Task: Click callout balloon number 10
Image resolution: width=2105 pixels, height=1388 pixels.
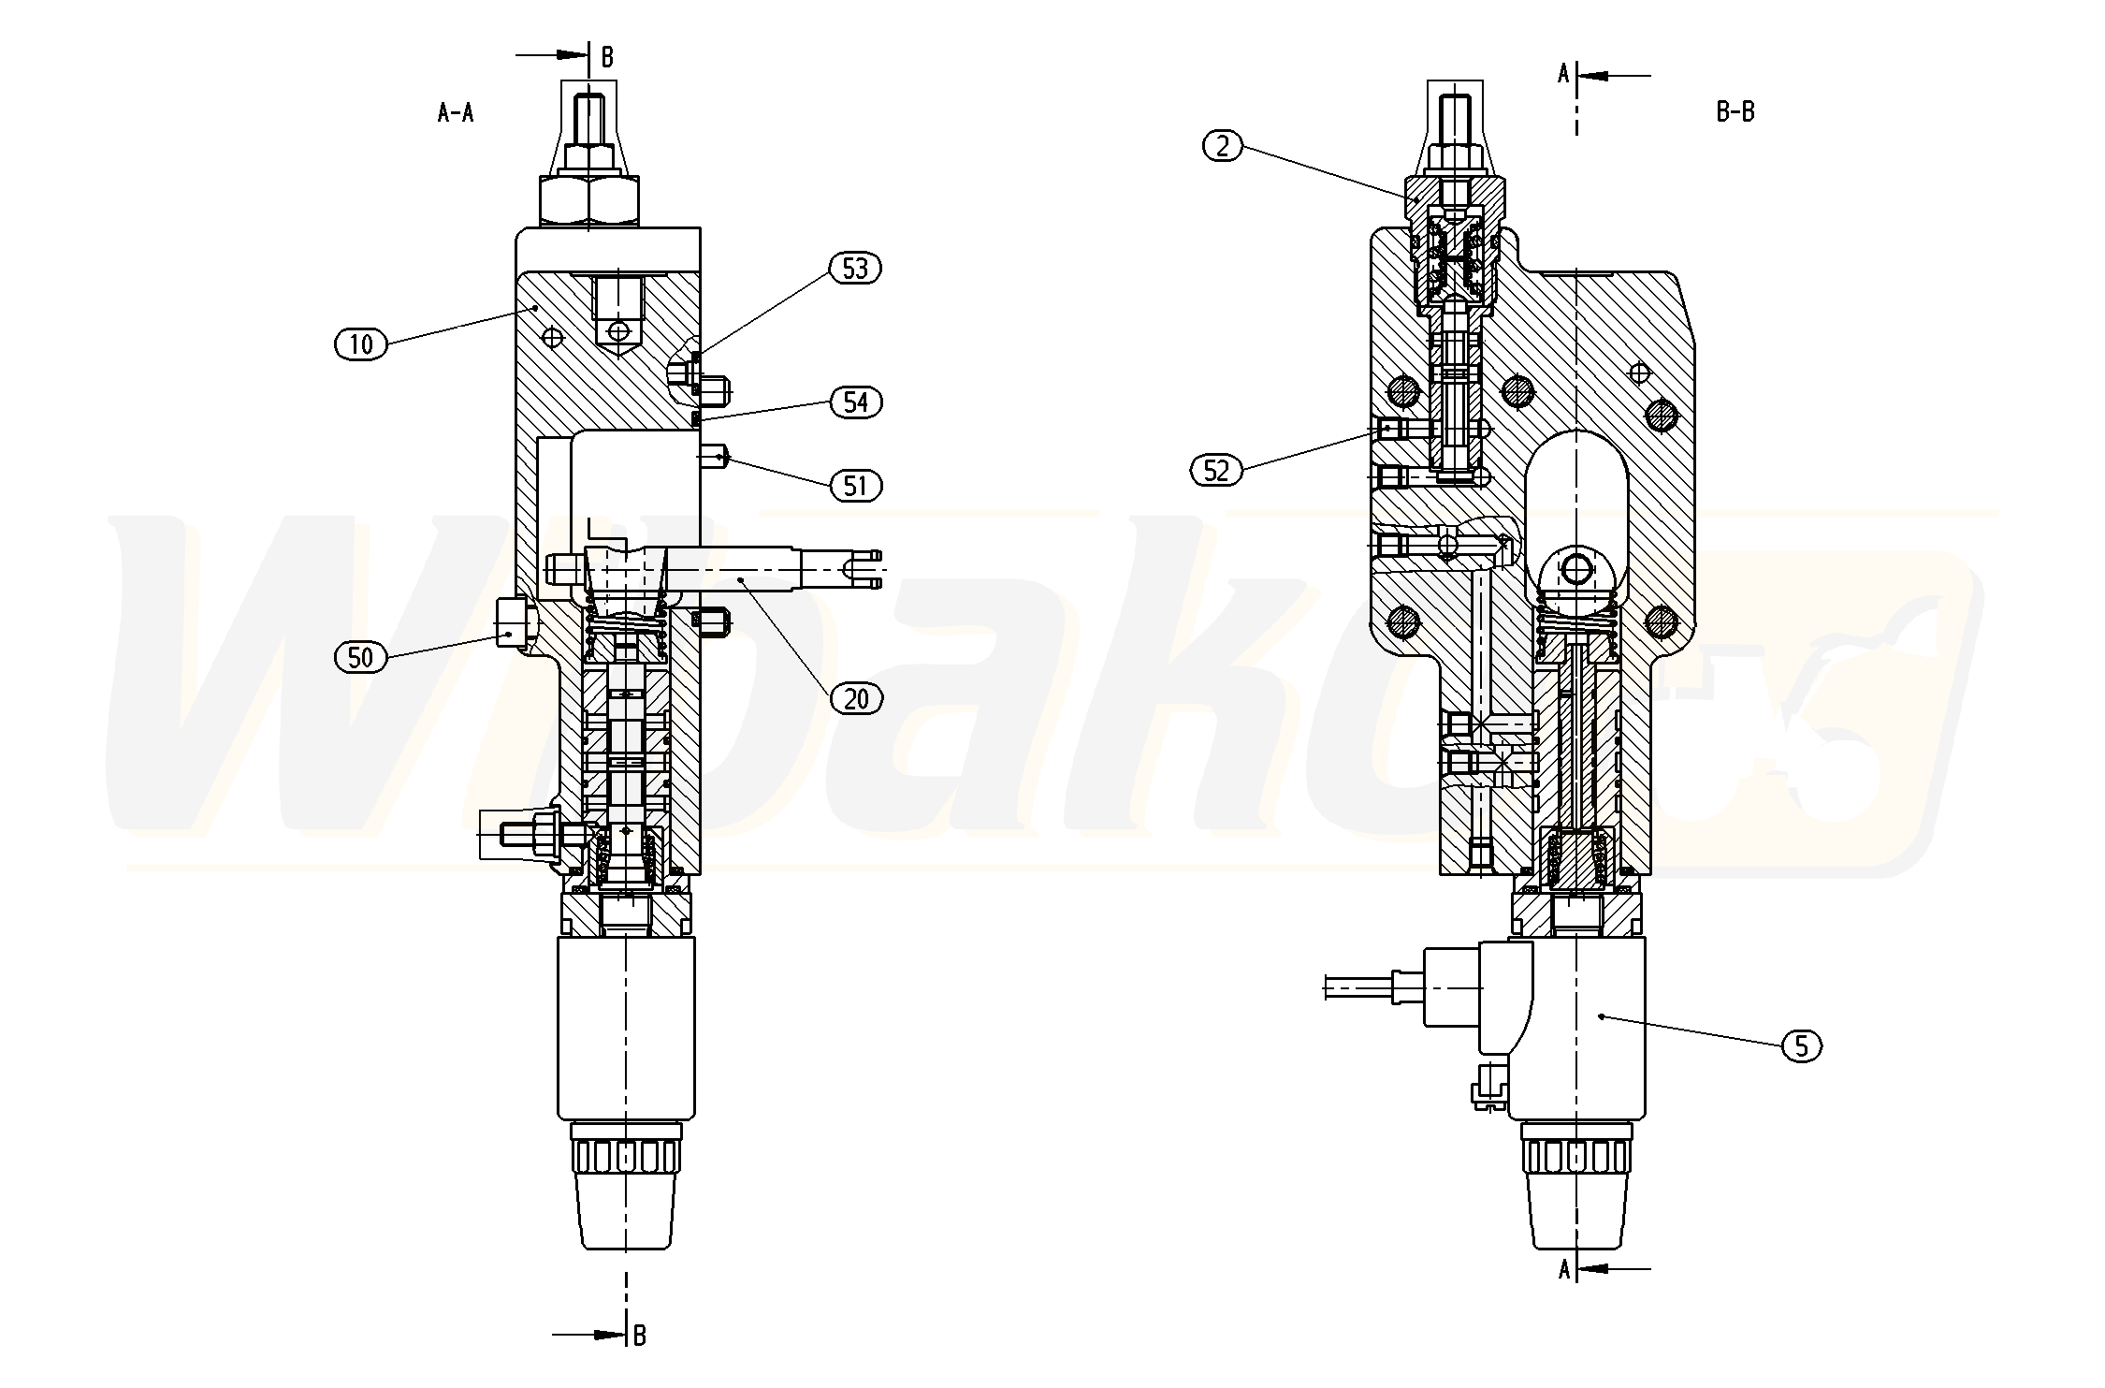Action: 360,344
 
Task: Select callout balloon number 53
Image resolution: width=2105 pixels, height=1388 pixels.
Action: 855,269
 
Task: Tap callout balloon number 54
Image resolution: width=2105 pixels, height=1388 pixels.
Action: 855,402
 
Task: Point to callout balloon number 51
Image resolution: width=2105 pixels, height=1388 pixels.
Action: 855,486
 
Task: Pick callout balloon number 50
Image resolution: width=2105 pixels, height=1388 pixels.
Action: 360,658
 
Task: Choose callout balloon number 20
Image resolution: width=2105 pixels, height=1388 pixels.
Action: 855,698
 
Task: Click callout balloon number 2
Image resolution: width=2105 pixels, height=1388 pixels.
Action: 1222,146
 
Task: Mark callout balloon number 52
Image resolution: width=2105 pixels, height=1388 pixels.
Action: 1215,470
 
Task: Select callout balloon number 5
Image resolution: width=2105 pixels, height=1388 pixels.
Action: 1802,1045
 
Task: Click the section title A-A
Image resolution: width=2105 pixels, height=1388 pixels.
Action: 456,113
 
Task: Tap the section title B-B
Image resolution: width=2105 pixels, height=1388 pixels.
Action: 1735,112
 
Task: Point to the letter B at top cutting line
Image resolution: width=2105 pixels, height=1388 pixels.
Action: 607,57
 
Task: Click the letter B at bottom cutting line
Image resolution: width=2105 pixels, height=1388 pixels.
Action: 640,1335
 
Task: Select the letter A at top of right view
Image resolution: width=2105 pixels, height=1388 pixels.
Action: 1563,75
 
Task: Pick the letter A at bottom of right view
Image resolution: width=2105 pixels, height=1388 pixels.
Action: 1563,1270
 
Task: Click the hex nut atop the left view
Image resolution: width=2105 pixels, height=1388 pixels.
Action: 589,200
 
